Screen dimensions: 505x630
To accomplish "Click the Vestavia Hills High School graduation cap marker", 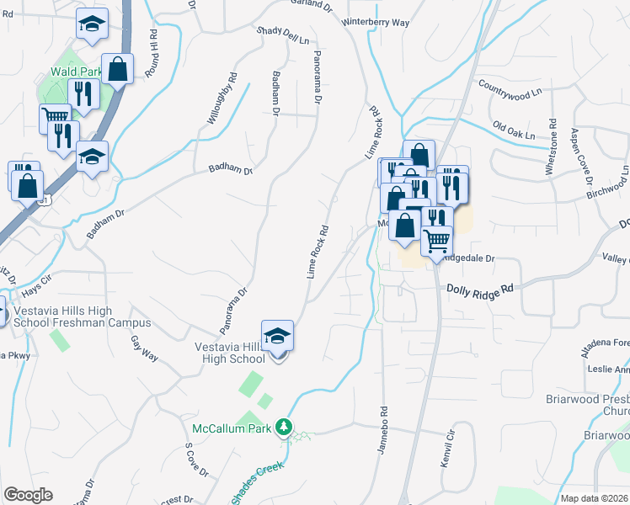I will (278, 337).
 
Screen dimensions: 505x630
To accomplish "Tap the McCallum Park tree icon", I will (285, 428).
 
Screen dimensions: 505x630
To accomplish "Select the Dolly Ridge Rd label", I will (478, 289).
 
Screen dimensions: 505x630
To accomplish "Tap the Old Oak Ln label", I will (514, 132).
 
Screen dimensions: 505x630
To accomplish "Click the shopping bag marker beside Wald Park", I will (119, 69).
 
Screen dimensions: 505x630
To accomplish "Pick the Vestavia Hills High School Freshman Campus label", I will (83, 316).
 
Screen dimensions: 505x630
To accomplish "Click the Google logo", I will (28, 495).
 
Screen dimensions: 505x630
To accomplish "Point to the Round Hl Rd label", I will (152, 56).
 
